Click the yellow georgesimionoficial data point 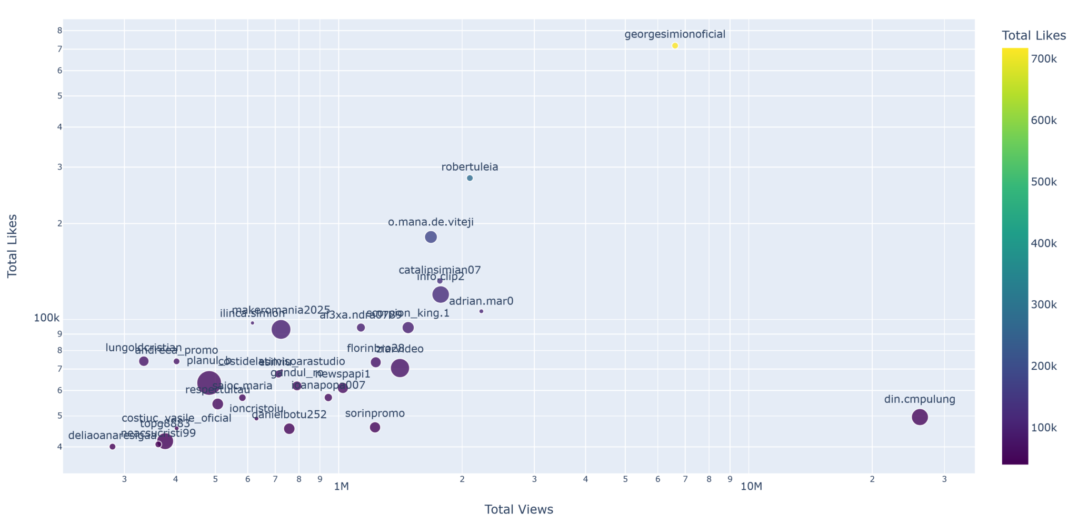coord(675,46)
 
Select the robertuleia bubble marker coord(470,178)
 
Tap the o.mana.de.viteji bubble coord(431,237)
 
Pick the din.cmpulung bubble coord(919,417)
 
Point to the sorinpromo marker coord(375,427)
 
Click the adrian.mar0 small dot coord(481,311)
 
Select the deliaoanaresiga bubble coord(112,447)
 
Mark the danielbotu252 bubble coord(289,429)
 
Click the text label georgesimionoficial coord(675,34)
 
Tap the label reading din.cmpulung coord(919,399)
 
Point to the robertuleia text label coord(470,167)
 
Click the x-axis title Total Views coord(518,509)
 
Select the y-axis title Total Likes coord(13,246)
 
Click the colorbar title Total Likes coord(1034,35)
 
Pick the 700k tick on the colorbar coord(1044,59)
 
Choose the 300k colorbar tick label coord(1044,305)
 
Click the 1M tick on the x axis coord(341,487)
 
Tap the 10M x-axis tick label coord(751,487)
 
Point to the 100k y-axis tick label coord(47,318)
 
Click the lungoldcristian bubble coord(144,361)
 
